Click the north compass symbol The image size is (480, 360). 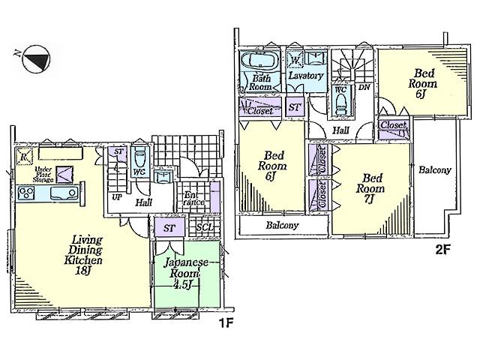point(34,61)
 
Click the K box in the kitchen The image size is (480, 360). point(24,157)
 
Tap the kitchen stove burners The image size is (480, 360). point(26,194)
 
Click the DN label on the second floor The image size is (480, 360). point(364,88)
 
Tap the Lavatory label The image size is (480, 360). point(306,76)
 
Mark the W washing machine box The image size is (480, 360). point(295,60)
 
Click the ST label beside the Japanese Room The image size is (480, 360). point(169,227)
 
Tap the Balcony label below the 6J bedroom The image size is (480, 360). point(281,225)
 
